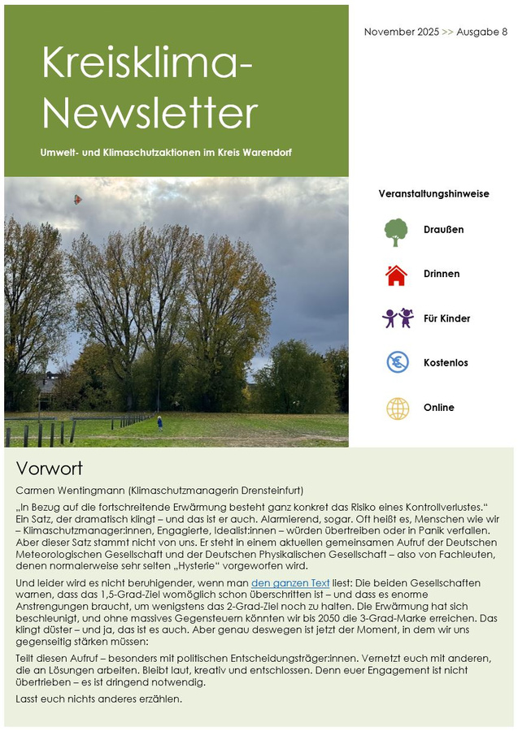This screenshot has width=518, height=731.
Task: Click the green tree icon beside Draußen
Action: tap(396, 231)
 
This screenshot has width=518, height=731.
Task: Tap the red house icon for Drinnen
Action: tap(396, 275)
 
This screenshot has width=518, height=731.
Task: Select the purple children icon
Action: tap(398, 318)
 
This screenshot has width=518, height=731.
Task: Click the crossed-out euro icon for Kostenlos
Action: tap(398, 362)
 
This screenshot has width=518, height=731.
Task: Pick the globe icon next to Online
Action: tap(398, 408)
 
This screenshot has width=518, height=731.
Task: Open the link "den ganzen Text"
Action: tap(290, 583)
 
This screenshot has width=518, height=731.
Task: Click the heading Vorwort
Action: tap(50, 469)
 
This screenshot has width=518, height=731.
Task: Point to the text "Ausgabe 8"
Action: tap(481, 32)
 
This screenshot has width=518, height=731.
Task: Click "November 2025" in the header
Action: tap(401, 32)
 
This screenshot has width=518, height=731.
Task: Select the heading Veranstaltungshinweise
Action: tap(433, 194)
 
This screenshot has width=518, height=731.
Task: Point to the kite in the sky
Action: tap(78, 199)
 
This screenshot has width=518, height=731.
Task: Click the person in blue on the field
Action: tap(159, 422)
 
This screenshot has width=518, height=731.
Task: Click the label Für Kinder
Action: tap(446, 319)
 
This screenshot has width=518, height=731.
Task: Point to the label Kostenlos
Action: tap(446, 363)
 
